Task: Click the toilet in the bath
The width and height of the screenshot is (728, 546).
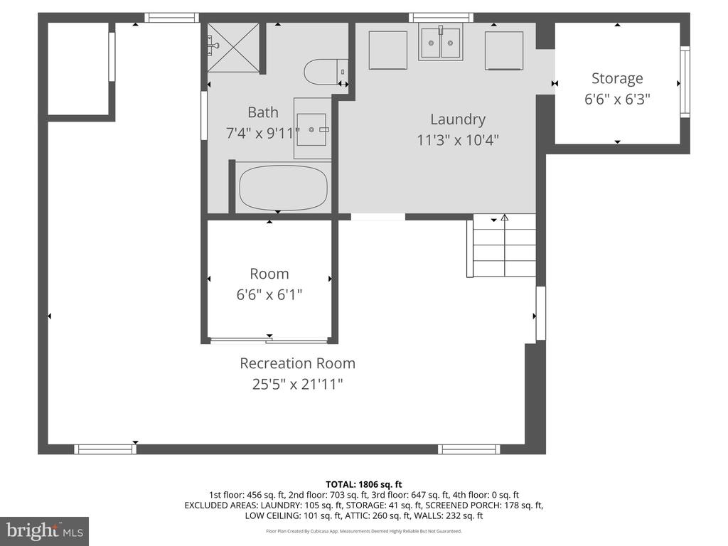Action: [326, 72]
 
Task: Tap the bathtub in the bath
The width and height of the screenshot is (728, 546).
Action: [283, 188]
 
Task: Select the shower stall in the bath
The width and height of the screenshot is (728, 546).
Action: [233, 48]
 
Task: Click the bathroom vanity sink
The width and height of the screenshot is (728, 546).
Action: [313, 129]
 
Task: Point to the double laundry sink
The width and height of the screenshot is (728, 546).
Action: [441, 42]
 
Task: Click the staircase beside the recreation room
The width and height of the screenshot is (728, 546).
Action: [501, 245]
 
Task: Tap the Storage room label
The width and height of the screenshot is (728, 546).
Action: [617, 78]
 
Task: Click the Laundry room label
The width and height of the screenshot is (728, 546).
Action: [458, 119]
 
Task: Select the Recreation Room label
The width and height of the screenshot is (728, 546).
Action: [298, 363]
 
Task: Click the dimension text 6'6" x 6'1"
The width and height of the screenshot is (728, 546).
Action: [269, 294]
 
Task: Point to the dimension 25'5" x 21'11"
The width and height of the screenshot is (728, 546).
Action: [298, 384]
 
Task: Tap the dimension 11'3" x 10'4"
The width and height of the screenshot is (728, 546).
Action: [458, 139]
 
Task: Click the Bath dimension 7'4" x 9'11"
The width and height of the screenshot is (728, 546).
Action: [263, 133]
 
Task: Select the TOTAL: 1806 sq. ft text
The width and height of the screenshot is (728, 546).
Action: [364, 485]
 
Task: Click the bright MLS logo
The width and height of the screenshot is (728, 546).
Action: [45, 530]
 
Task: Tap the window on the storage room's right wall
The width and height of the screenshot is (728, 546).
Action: [685, 82]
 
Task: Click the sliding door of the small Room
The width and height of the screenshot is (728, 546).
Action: [269, 341]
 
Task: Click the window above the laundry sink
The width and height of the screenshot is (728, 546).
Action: [441, 18]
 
